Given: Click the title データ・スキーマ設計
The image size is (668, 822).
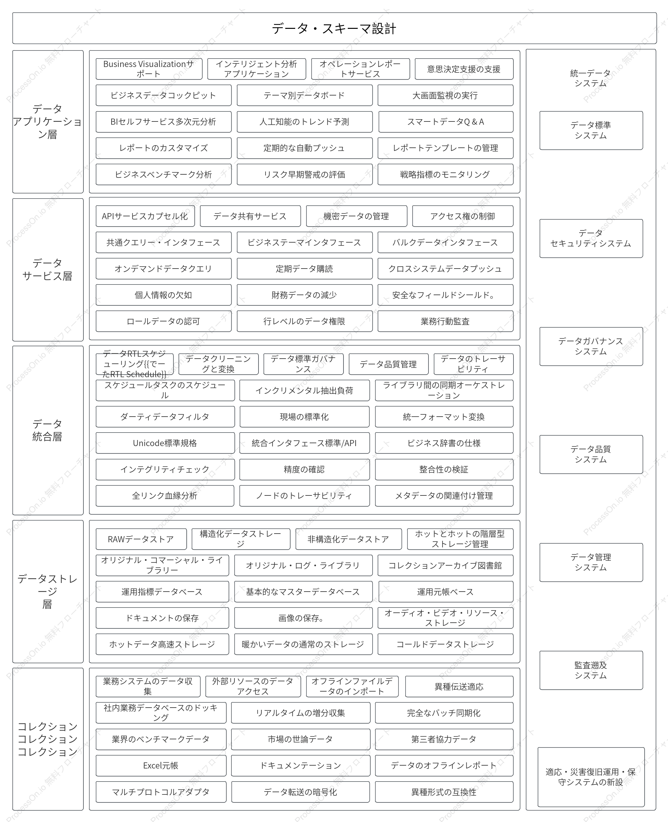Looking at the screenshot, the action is coord(334,29).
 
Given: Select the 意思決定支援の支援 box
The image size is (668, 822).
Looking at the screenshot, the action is coord(464,69).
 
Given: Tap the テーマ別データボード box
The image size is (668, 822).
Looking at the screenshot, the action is coord(304,95).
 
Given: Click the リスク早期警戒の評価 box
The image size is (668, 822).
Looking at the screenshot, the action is coord(304,175).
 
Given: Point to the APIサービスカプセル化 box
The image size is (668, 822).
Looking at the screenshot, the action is coord(145,216).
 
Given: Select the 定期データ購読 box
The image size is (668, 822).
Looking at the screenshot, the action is coord(304,269).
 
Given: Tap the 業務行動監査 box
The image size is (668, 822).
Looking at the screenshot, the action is coord(445,321).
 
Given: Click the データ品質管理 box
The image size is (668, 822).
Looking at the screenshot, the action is coord(388,364).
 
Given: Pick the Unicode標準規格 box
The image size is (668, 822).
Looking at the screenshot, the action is coord(165,443).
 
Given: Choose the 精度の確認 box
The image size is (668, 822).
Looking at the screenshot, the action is coord(304,469).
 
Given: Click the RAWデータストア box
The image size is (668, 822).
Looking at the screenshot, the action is coord(141,539).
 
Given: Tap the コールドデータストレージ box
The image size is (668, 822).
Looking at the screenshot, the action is coord(445,644).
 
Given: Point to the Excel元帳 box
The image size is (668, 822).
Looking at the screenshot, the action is coord(161,766).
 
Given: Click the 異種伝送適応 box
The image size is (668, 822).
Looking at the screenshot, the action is coord(459,687).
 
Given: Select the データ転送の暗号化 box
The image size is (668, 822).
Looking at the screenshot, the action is coord(300,792).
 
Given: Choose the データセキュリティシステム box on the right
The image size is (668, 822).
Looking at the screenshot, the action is coord(591,238).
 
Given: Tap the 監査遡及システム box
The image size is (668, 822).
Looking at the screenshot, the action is coord(591,670).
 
